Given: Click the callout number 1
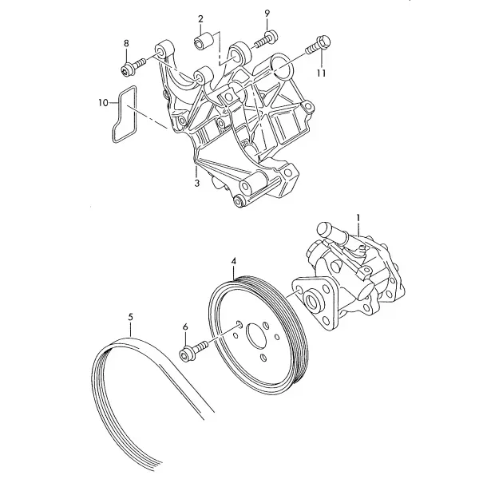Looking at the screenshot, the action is pyautogui.click(x=358, y=218).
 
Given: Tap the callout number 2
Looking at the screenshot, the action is pyautogui.click(x=200, y=19).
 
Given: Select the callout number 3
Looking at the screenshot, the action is pyautogui.click(x=197, y=183).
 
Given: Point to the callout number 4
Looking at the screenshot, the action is pyautogui.click(x=234, y=261).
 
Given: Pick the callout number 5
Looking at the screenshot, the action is pyautogui.click(x=130, y=317).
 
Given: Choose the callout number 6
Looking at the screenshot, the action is pyautogui.click(x=185, y=327).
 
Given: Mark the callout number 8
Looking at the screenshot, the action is pyautogui.click(x=126, y=43).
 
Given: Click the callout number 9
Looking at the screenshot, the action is pyautogui.click(x=267, y=14).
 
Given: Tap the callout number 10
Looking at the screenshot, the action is pyautogui.click(x=103, y=103).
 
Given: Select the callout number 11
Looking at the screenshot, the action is pyautogui.click(x=322, y=73).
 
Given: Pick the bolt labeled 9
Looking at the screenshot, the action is pyautogui.click(x=265, y=39).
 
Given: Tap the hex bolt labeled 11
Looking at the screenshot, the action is pyautogui.click(x=319, y=44).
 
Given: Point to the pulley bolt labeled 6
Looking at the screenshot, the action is pyautogui.click(x=194, y=350).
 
